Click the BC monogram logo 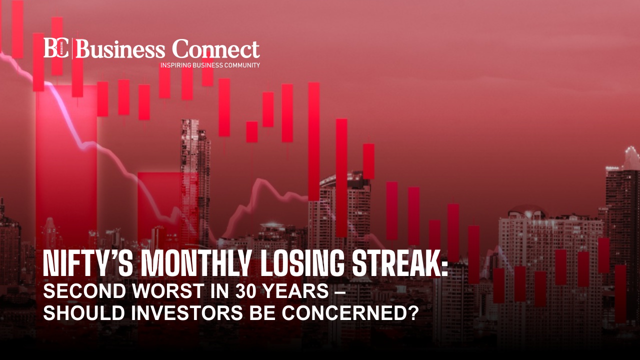pos(56,48)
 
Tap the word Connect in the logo pos(216,48)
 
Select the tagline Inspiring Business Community pos(210,65)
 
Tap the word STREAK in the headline pos(395,263)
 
